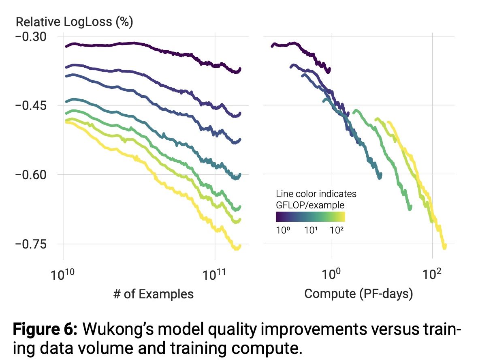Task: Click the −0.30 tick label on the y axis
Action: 31,36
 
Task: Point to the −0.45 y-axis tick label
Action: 31,105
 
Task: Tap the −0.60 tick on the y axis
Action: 31,175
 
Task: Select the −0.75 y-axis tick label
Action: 31,244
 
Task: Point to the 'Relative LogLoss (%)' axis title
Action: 75,22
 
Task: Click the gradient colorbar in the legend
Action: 310,217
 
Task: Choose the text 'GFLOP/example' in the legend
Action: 310,205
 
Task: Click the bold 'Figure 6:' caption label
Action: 45,330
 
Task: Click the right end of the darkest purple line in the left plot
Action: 240,69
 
